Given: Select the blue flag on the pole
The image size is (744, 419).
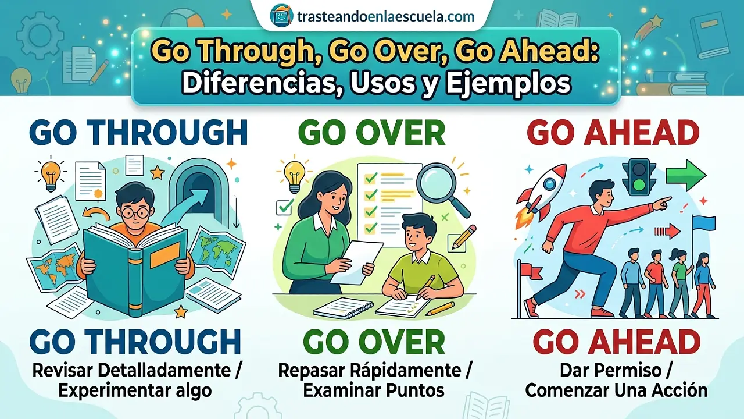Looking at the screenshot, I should pyautogui.click(x=704, y=223).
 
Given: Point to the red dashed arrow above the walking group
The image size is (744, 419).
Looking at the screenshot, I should pyautogui.click(x=667, y=232).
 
